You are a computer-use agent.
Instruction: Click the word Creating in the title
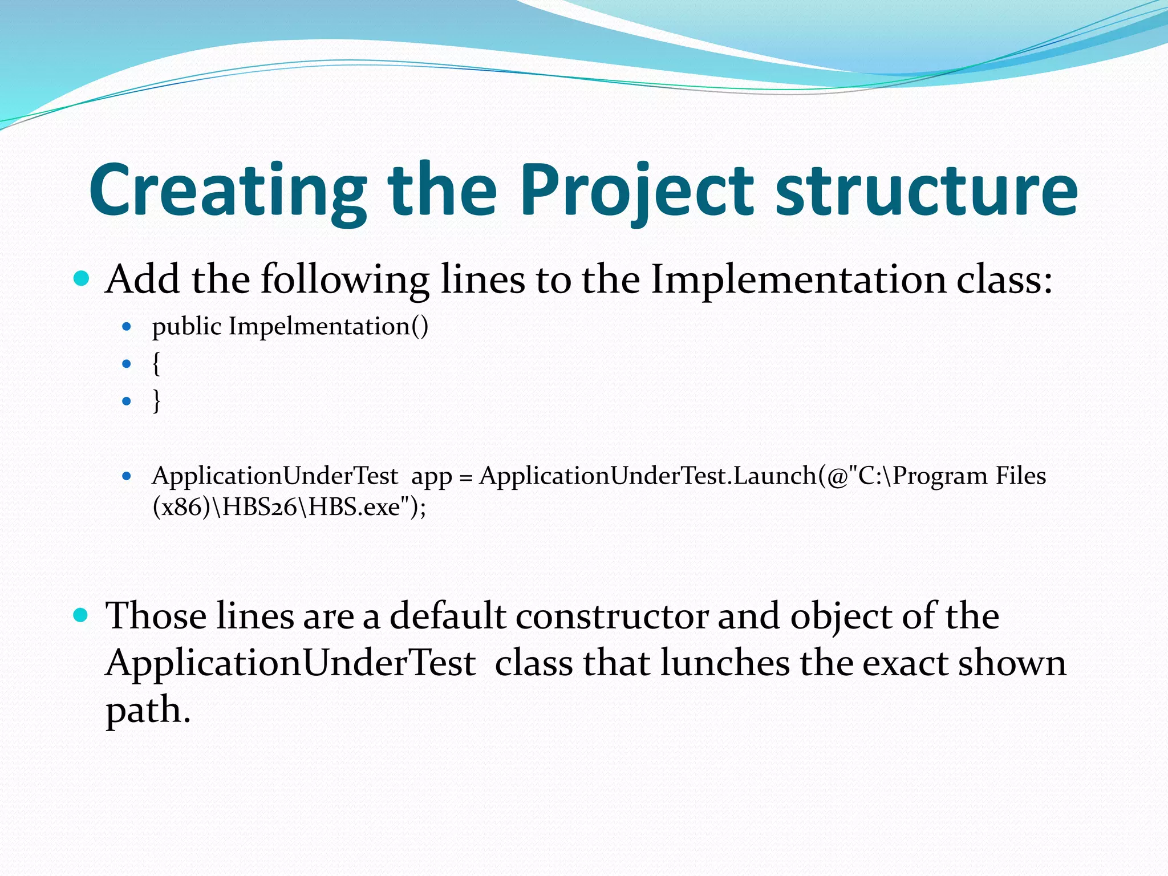click(228, 191)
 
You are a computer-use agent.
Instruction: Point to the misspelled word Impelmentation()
click(328, 327)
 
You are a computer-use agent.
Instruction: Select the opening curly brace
click(156, 364)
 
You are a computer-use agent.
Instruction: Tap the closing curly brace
click(156, 401)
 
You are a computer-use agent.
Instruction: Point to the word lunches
click(725, 663)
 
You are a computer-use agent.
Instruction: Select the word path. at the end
click(148, 711)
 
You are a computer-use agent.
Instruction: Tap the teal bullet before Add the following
click(82, 278)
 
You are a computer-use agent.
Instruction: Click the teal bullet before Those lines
click(82, 615)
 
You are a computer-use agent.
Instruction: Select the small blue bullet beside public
click(127, 327)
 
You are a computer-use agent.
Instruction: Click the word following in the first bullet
click(344, 281)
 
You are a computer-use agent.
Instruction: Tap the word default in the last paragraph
click(447, 617)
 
